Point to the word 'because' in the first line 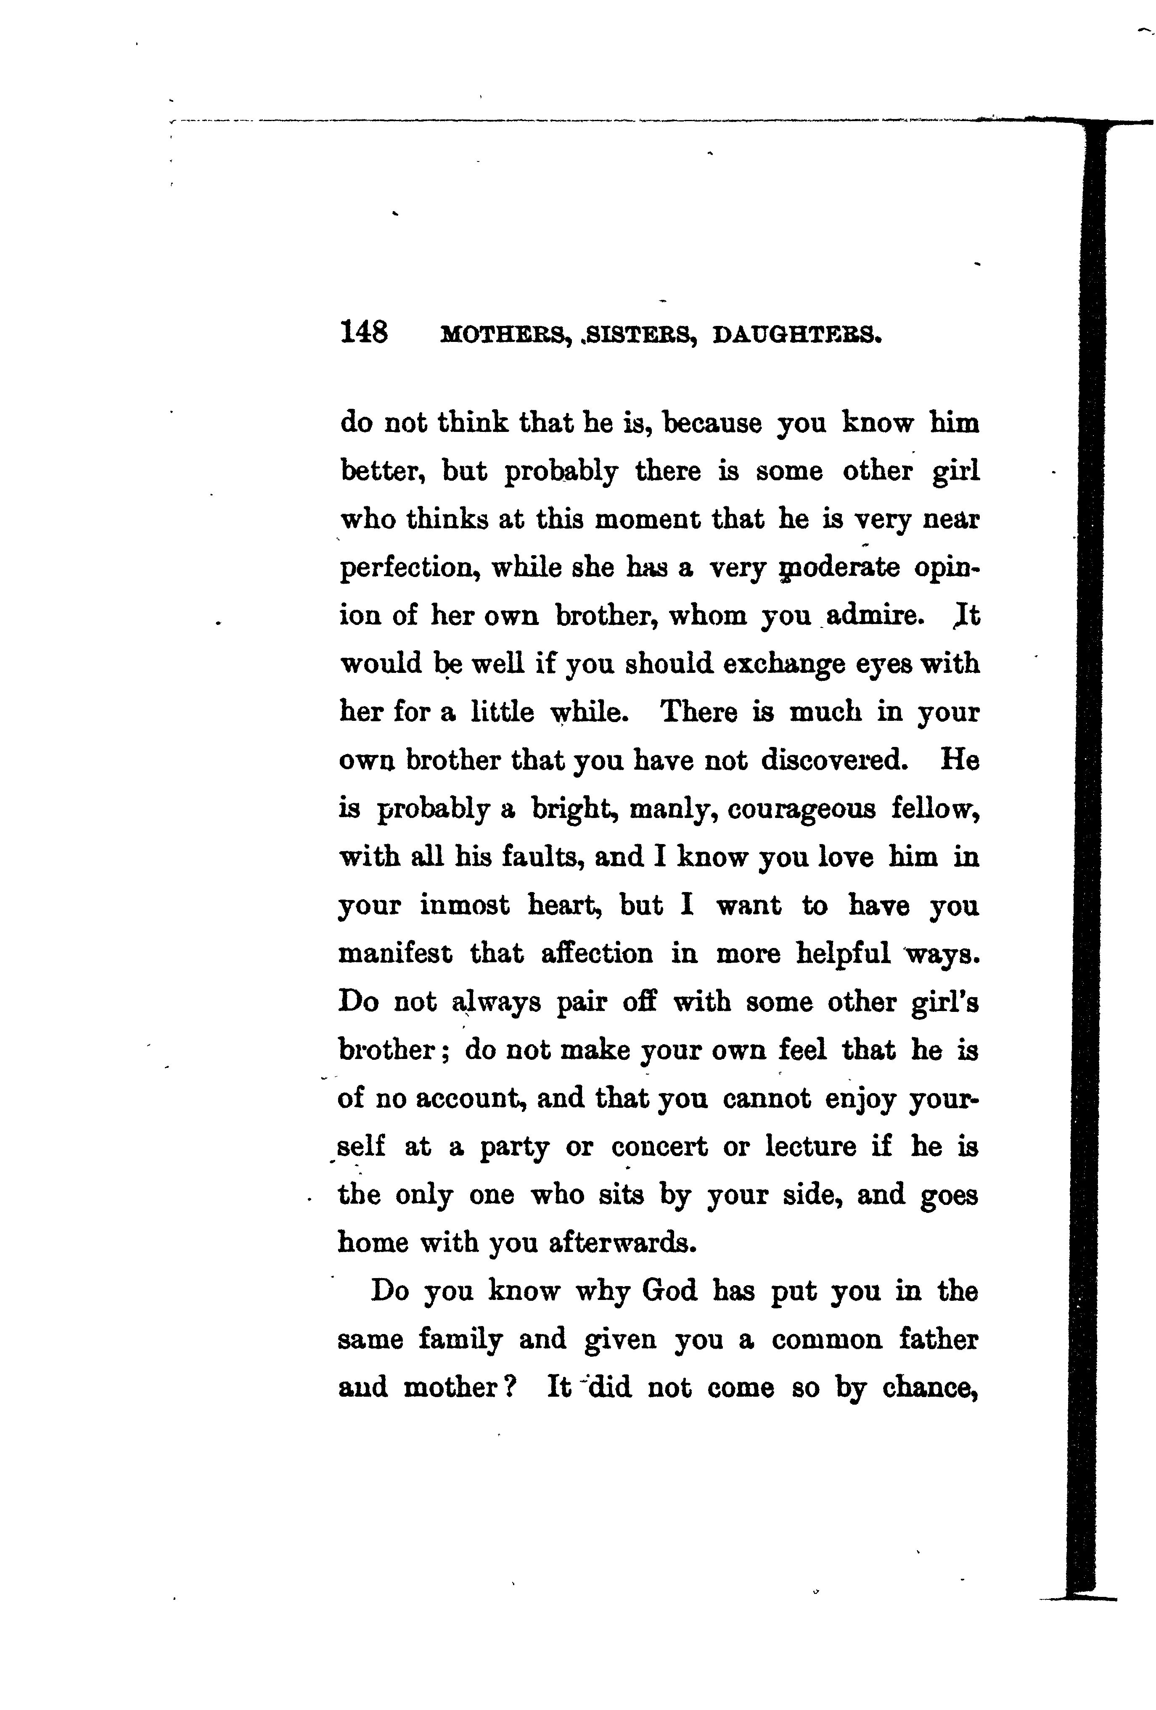pyautogui.click(x=712, y=424)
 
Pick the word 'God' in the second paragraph pyautogui.click(x=669, y=1291)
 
